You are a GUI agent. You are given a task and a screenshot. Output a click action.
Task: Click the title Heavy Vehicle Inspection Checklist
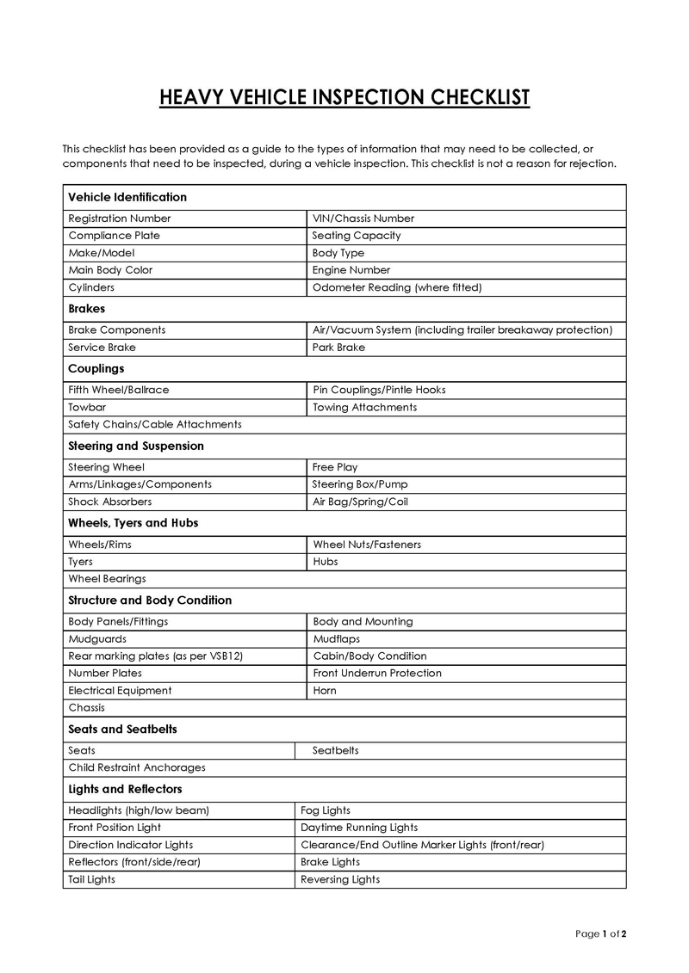coord(344,97)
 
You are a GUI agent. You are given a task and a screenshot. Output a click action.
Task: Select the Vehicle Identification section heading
coord(127,197)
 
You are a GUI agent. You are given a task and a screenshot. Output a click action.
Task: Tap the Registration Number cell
coord(120,219)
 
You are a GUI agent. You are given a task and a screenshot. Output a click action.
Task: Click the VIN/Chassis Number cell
coord(363,219)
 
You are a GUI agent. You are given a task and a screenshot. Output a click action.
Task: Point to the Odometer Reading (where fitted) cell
coord(397,287)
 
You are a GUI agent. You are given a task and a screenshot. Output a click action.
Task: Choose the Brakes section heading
coord(86,308)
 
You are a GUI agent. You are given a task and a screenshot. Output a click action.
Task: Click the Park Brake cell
coord(339,348)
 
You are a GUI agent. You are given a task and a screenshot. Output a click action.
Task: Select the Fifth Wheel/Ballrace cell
coord(119,390)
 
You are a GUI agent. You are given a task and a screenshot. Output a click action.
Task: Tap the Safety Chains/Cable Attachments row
coord(155,424)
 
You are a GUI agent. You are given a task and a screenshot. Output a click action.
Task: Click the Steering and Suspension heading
coord(136,446)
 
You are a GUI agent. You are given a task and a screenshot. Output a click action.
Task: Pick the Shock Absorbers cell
coord(110,502)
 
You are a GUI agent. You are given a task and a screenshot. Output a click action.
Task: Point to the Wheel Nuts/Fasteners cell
coord(367,545)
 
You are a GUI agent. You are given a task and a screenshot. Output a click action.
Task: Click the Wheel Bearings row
coord(108,579)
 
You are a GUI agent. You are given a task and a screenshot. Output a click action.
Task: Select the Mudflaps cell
coord(337,639)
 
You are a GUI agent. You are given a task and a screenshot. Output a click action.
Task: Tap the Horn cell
coord(325,691)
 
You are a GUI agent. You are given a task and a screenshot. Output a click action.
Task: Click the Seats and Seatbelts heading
coord(122,729)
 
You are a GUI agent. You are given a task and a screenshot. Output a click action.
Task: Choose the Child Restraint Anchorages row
coord(137,767)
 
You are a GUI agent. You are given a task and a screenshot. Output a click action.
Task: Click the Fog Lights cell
coord(326,810)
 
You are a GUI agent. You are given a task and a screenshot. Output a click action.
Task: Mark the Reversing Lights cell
coord(340,879)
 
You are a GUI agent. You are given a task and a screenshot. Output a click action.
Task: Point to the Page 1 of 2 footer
coord(600,933)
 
